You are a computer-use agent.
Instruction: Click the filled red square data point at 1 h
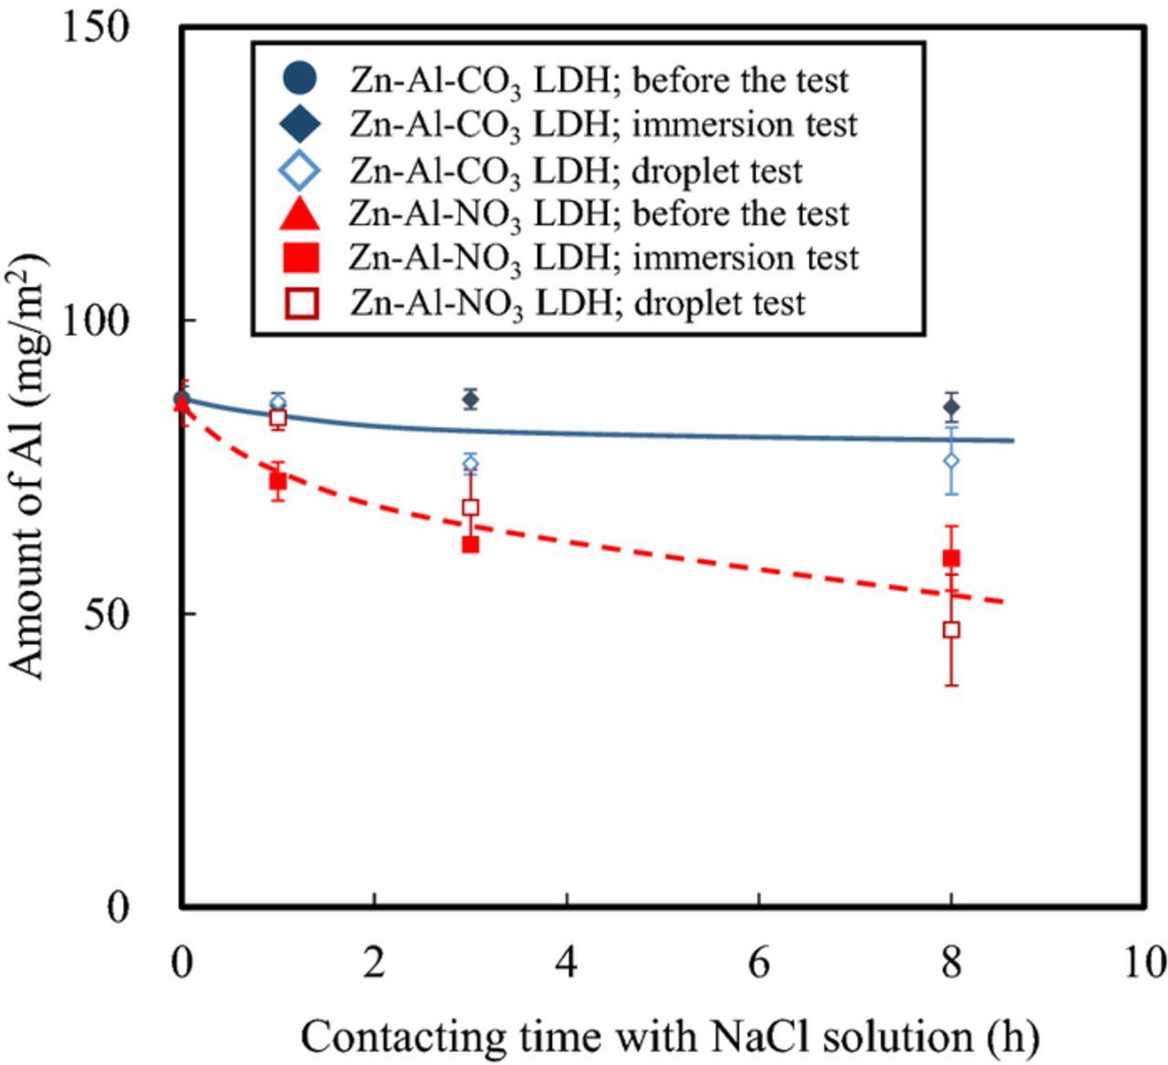pyautogui.click(x=278, y=481)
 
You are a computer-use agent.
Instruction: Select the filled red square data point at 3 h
pyautogui.click(x=471, y=545)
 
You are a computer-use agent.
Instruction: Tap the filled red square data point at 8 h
pyautogui.click(x=951, y=559)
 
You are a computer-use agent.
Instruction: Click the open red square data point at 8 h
pyautogui.click(x=951, y=630)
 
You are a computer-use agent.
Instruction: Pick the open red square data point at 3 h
pyautogui.click(x=471, y=507)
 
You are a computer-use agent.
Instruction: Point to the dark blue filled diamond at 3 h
pyautogui.click(x=471, y=399)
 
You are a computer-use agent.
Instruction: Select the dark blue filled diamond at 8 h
pyautogui.click(x=951, y=407)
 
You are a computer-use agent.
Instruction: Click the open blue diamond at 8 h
pyautogui.click(x=951, y=461)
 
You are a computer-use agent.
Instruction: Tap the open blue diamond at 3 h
pyautogui.click(x=471, y=463)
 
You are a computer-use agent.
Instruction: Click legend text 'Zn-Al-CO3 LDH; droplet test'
pyautogui.click(x=576, y=171)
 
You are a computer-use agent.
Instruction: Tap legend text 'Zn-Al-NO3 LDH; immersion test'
pyautogui.click(x=603, y=258)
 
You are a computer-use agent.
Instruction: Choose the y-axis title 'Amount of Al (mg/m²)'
pyautogui.click(x=29, y=466)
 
